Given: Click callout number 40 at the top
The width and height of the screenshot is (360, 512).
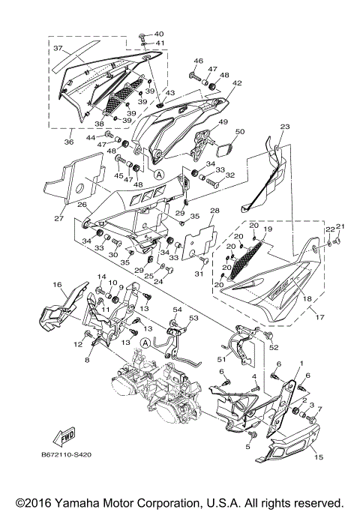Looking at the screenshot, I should pos(158,34).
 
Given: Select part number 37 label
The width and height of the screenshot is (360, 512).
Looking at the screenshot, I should pos(56,48).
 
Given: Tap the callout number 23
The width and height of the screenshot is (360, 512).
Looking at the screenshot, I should pos(284,127).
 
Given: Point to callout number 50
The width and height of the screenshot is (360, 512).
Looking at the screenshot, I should pos(241,132).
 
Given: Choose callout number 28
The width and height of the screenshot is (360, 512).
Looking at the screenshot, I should pos(214,211).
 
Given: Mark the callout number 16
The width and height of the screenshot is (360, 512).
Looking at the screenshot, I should pos(56,285).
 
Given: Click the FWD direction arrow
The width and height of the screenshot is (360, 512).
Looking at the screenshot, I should pos(63,436).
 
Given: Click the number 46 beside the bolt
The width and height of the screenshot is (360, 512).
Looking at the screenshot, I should pos(199,61).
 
